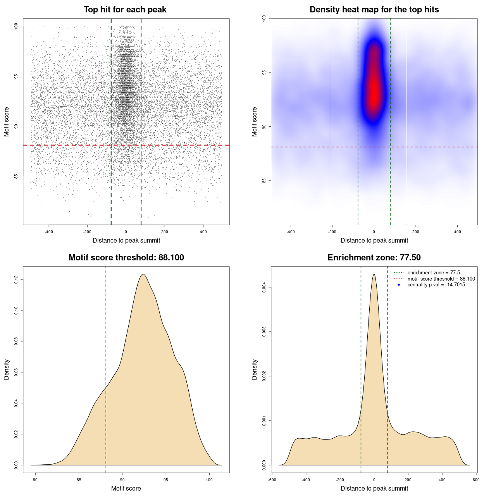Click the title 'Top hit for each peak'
coord(125,10)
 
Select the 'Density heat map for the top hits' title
coord(374,10)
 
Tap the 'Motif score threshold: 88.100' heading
coord(126,258)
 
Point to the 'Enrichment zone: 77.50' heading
coord(374,258)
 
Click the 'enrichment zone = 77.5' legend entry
coord(434,273)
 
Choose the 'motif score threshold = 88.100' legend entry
coord(441,279)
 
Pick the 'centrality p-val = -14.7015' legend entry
coord(436,285)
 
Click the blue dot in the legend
coord(399,285)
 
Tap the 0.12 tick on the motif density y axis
coord(16,279)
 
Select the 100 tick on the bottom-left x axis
coord(209,480)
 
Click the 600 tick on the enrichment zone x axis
coord(476,480)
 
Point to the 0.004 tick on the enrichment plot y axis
coord(264,287)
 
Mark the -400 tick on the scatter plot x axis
coord(49,232)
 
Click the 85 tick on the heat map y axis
coord(264,181)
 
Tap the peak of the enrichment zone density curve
coord(374,274)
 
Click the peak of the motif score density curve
coord(143,274)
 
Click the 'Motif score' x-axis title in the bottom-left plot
coord(126,488)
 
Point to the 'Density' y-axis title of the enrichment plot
coord(255,369)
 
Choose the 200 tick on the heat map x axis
coord(415,232)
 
